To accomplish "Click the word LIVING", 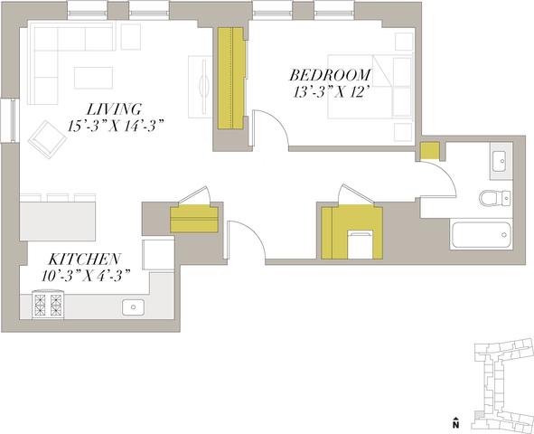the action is coord(114,109).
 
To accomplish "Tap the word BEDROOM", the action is coord(330,75).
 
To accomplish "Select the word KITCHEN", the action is coord(84,259).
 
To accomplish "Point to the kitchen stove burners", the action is coord(48,304).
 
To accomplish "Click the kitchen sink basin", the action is coord(133,307).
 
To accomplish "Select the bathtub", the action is coord(481,235).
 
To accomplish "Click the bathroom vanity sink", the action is coord(501,161).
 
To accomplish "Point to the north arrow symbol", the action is coord(455,422).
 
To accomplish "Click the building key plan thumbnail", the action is coord(502,385).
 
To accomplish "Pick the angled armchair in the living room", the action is coord(47,139).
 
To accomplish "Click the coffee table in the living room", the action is coord(94,78).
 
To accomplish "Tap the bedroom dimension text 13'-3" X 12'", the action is coord(332,92).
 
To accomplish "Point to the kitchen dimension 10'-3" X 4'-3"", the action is coord(87,276).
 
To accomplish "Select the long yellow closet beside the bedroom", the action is coord(231,79).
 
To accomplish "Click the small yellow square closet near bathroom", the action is coord(430,151).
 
